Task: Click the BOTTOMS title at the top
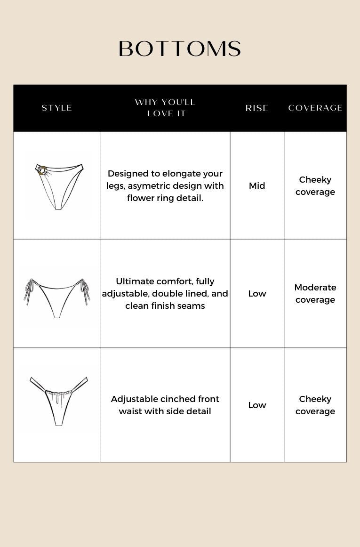(x=180, y=49)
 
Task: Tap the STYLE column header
(x=57, y=108)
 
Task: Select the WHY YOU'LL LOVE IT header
(x=165, y=108)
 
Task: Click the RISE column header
(x=257, y=108)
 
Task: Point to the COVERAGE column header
(x=315, y=108)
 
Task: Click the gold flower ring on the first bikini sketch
(x=42, y=170)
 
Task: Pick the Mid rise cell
(x=257, y=185)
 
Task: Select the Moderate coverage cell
(x=315, y=293)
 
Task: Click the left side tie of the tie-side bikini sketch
(x=29, y=291)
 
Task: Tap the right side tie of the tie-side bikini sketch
(x=85, y=291)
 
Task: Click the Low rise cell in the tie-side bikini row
(x=257, y=293)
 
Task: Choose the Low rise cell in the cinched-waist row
(x=257, y=405)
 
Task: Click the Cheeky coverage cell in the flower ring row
(x=315, y=185)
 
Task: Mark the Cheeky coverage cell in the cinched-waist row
(x=315, y=405)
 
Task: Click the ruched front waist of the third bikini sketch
(x=59, y=391)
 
